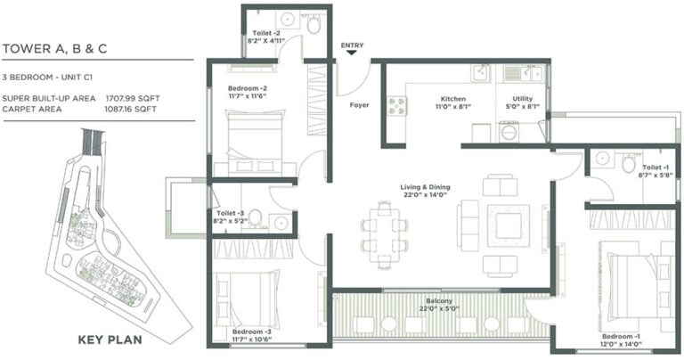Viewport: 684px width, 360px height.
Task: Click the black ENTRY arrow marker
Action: click(352, 53)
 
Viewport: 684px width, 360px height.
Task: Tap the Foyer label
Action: click(359, 105)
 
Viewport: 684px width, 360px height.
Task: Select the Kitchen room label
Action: click(452, 99)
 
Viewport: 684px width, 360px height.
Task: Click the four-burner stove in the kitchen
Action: click(397, 106)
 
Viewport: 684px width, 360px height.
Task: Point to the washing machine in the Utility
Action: click(509, 133)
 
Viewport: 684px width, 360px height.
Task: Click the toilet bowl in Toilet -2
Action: click(313, 24)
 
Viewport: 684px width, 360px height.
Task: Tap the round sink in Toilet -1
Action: click(602, 158)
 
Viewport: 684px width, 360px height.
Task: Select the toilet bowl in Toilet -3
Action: click(255, 217)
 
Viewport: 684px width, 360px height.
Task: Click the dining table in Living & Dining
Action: click(385, 235)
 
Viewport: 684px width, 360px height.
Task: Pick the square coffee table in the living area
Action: click(509, 225)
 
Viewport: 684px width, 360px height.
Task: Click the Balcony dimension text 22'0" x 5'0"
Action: click(439, 309)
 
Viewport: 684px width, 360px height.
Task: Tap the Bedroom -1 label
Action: click(621, 337)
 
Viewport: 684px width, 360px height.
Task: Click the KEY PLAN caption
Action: click(110, 340)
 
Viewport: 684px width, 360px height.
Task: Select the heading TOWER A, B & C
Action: click(54, 49)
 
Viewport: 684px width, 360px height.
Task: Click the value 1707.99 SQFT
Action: click(133, 99)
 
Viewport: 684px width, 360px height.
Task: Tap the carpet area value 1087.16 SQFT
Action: click(130, 109)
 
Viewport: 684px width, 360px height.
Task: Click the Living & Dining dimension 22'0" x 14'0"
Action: click(425, 194)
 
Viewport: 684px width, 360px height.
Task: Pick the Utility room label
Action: click(523, 99)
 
